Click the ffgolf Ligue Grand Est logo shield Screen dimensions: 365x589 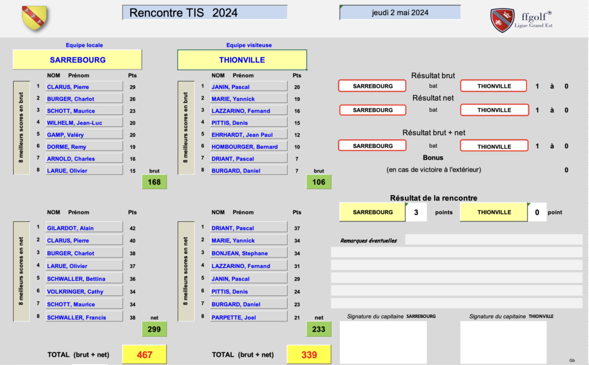coord(502,20)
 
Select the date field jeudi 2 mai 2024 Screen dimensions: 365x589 coord(400,13)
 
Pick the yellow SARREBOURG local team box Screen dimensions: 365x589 coord(78,60)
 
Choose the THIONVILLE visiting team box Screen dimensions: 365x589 coord(242,60)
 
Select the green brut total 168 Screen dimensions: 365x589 coord(154,182)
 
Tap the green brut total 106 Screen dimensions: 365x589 coord(319,182)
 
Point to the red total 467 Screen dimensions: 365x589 coord(144,355)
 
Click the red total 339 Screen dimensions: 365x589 coord(309,355)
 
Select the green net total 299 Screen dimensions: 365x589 coord(154,329)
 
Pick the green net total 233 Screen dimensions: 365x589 coord(319,329)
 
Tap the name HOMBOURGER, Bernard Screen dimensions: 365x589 coord(248,147)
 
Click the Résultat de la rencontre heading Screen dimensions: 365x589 coord(433,198)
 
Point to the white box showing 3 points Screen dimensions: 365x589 coord(416,212)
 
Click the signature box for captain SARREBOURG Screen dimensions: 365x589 coord(383,342)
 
